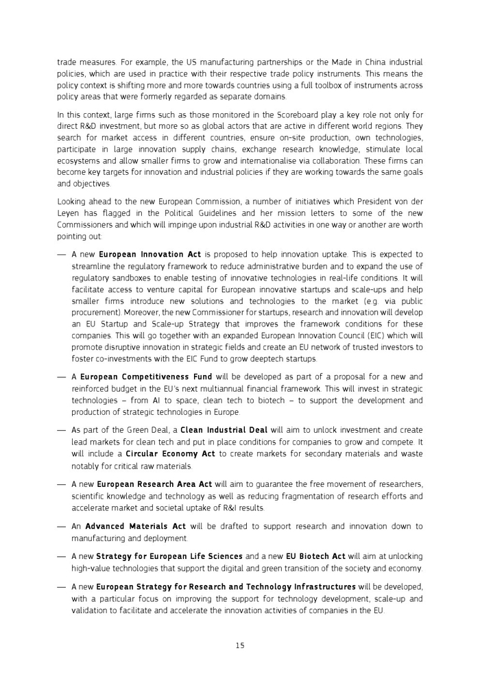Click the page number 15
coord(239,645)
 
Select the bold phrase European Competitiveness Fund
coord(146,377)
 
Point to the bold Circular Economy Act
coord(170,454)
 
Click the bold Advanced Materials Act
coord(136,526)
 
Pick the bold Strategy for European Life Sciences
coord(169,556)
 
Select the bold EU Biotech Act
coord(315,556)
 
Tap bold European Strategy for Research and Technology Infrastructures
coord(226,586)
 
